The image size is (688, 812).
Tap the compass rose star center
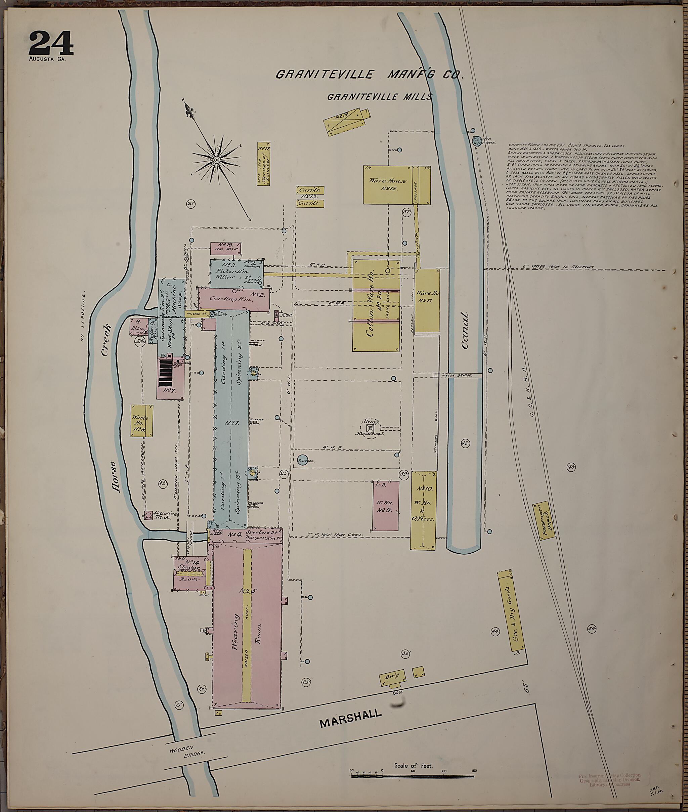tap(216, 160)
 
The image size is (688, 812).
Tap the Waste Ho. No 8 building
tap(141, 420)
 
